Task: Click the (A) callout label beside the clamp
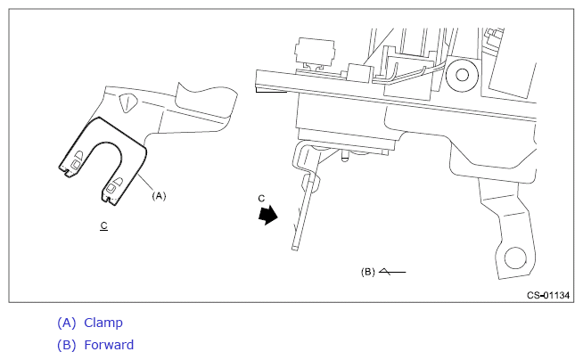[160, 193]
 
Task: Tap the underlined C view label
[104, 226]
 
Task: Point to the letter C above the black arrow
[261, 197]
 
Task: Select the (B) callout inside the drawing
[367, 271]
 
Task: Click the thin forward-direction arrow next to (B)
[391, 270]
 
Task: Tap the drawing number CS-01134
[547, 295]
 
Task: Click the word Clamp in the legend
[103, 323]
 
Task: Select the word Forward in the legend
[109, 345]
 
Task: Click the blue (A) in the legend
[66, 323]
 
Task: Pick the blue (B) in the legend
[66, 345]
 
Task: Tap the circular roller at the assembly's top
[462, 77]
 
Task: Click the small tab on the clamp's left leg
[78, 160]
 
